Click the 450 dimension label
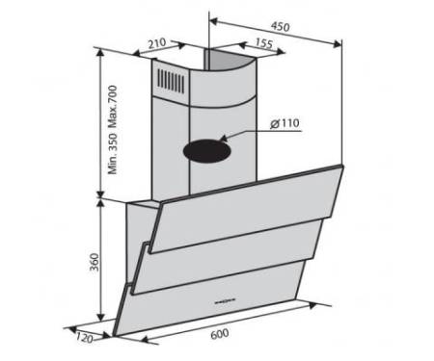(x=280, y=27)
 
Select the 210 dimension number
(x=156, y=43)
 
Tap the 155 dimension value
(x=264, y=43)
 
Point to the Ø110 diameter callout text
(x=285, y=123)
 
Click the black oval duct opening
(x=207, y=151)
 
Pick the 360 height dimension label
(x=94, y=262)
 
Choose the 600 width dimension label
(x=220, y=334)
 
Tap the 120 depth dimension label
(x=85, y=337)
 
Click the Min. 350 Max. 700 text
(x=113, y=130)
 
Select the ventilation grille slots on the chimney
(x=171, y=81)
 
